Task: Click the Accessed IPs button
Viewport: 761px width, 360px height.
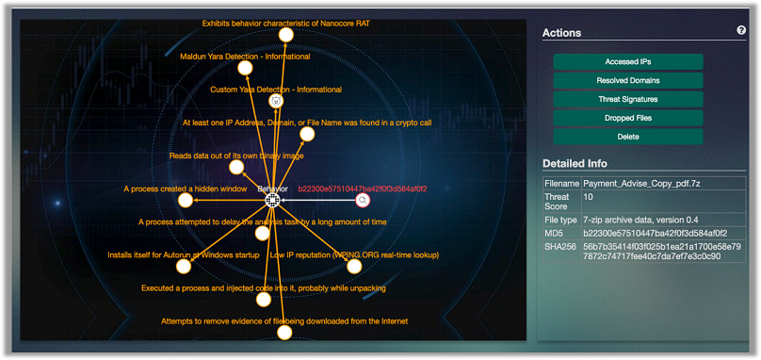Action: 627,61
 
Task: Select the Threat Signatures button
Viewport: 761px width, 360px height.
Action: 627,99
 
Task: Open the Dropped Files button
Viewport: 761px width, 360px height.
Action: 627,118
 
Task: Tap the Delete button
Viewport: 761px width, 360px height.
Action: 627,137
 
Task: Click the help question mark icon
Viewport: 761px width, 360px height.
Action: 741,31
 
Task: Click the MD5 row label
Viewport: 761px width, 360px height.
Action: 555,230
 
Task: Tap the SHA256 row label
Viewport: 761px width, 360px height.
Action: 560,243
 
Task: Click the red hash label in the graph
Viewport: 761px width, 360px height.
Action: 363,188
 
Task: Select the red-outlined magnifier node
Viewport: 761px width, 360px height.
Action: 364,200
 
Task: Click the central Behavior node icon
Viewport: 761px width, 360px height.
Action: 272,200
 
